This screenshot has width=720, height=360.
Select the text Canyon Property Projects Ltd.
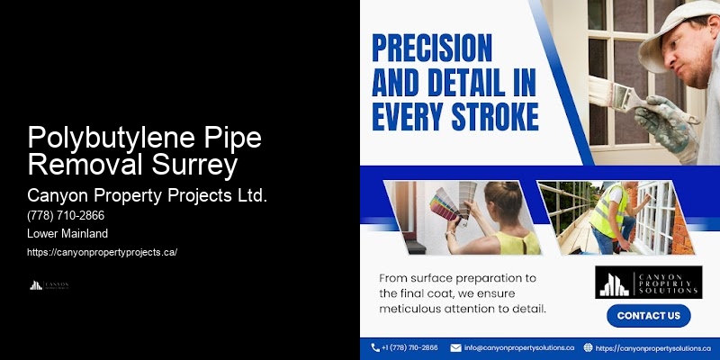[x=148, y=195]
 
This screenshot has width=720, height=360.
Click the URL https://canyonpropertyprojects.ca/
[x=102, y=252]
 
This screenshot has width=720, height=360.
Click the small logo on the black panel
[x=49, y=285]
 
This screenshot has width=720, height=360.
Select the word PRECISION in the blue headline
[x=433, y=47]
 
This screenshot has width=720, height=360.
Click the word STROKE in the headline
[x=496, y=116]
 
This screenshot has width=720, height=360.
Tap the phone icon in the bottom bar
[x=375, y=347]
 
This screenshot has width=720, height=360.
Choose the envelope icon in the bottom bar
[x=456, y=347]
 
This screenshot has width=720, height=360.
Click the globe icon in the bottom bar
[x=588, y=347]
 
